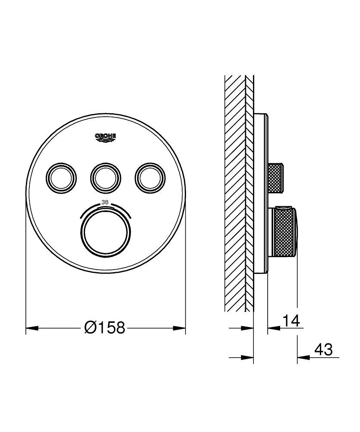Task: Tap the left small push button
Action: click(61, 176)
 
